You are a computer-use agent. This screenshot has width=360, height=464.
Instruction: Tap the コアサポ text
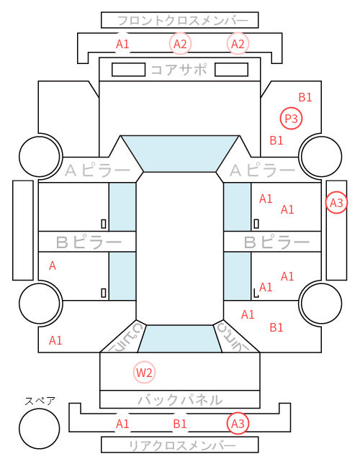click(x=179, y=70)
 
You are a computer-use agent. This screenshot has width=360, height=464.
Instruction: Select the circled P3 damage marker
click(x=291, y=119)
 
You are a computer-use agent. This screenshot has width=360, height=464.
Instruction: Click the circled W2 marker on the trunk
click(x=144, y=372)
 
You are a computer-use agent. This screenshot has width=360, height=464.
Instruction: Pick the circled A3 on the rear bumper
click(x=238, y=424)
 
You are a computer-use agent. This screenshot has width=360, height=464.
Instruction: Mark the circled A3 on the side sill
click(x=336, y=203)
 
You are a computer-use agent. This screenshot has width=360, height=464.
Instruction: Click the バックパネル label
click(x=180, y=400)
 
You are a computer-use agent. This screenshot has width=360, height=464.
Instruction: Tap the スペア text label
click(x=40, y=401)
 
